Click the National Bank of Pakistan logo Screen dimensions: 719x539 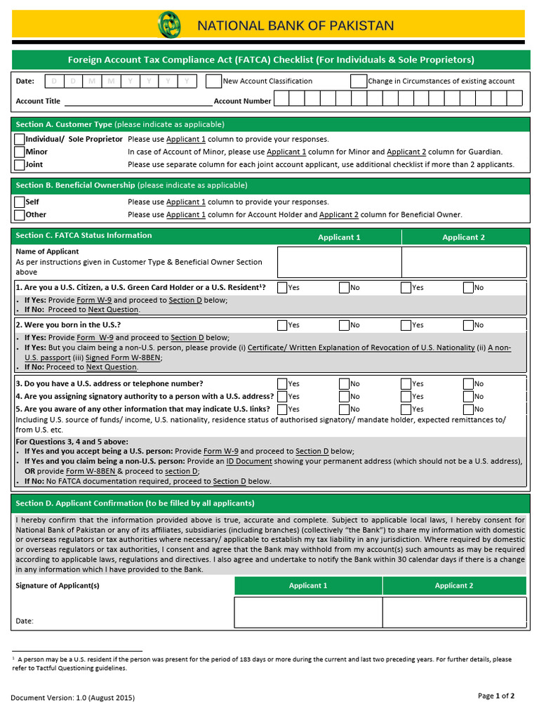[x=169, y=25]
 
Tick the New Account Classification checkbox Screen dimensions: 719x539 [x=213, y=81]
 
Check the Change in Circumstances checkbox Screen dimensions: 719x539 [x=358, y=81]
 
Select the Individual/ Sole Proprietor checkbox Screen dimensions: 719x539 [x=20, y=139]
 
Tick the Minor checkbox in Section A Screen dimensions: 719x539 [x=20, y=152]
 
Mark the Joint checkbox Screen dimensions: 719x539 [x=20, y=164]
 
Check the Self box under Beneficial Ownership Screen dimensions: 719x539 [x=20, y=202]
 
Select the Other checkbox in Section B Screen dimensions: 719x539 [x=20, y=214]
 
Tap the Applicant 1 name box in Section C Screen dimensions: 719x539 [x=339, y=262]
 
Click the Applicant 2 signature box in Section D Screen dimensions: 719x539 [x=454, y=612]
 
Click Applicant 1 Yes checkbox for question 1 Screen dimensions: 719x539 [x=282, y=287]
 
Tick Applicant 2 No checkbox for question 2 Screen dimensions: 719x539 [x=467, y=325]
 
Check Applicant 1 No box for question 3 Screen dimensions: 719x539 [x=344, y=383]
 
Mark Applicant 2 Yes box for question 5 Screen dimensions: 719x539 [x=406, y=409]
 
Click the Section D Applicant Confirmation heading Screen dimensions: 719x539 [x=135, y=503]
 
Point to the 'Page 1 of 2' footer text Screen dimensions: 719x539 [x=496, y=696]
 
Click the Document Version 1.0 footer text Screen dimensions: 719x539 [x=72, y=698]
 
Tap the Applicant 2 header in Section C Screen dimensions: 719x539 [x=463, y=237]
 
